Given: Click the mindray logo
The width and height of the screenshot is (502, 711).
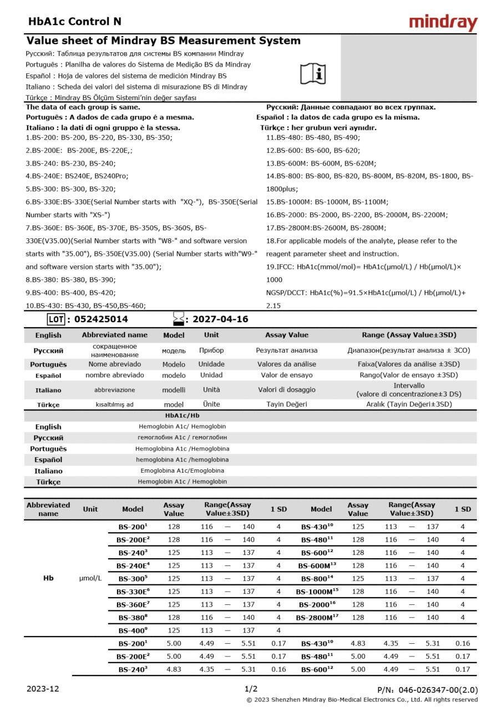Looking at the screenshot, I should (443, 22).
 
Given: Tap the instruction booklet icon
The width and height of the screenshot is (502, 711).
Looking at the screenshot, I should (313, 73).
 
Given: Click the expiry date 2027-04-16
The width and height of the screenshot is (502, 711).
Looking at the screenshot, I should (217, 319).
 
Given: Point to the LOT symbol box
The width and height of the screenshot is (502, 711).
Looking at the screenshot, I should (56, 319).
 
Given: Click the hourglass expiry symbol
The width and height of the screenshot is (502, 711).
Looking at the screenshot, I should (178, 319).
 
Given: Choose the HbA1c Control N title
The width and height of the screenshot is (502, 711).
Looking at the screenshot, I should (75, 22).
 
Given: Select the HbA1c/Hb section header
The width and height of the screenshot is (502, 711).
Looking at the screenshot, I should (182, 415).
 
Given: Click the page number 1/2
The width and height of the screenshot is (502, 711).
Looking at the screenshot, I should (251, 689).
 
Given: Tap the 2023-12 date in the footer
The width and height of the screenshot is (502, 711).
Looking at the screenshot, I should (43, 689).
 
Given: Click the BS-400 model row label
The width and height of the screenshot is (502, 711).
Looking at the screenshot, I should (133, 630).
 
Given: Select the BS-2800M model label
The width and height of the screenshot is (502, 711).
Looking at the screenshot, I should (317, 617).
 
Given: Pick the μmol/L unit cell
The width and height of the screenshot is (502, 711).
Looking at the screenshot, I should (90, 578).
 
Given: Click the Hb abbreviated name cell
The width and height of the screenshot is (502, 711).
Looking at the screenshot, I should (48, 578).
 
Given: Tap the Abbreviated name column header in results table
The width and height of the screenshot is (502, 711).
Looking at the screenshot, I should (48, 509).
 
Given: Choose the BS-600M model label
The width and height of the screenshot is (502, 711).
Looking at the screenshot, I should (317, 565).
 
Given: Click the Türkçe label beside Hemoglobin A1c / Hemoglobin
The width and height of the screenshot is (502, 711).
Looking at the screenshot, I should (48, 482).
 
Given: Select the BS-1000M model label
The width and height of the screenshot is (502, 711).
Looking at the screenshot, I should (317, 592).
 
